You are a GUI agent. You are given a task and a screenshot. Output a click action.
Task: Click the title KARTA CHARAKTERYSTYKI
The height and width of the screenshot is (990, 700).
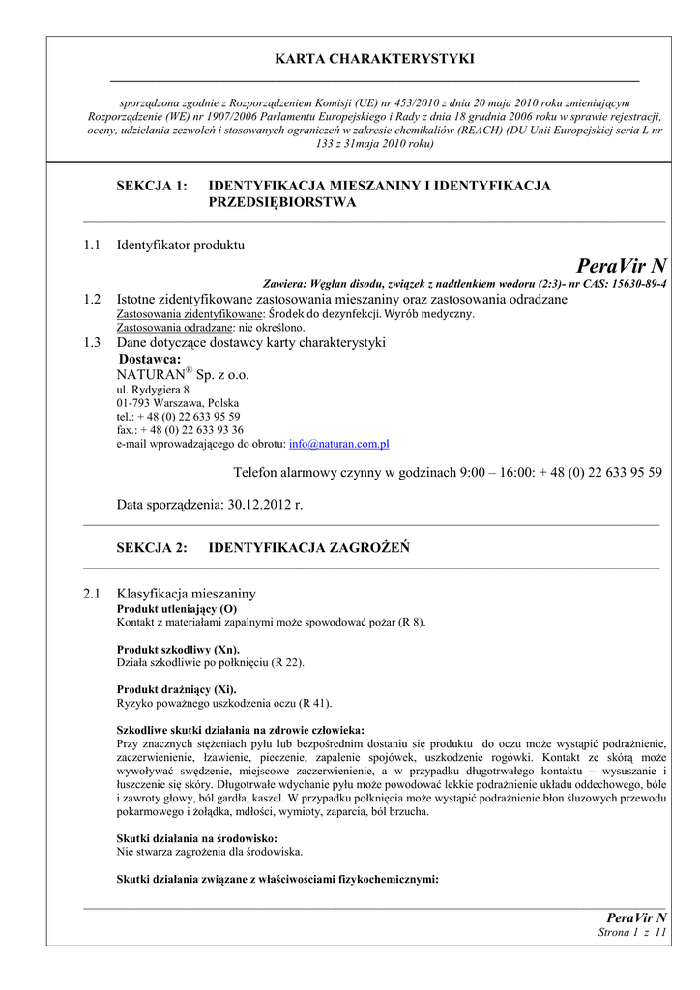coord(374,59)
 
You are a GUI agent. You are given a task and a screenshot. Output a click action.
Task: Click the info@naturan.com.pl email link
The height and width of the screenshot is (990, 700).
coord(338,444)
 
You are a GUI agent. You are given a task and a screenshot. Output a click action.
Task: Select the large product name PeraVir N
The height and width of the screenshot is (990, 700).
coord(621,266)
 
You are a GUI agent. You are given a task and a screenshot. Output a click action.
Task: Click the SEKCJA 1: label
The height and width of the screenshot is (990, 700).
coord(151,186)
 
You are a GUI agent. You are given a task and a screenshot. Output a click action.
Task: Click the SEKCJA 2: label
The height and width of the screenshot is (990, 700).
coord(151,548)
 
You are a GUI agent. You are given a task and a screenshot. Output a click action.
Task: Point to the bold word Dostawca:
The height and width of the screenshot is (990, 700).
coord(149,359)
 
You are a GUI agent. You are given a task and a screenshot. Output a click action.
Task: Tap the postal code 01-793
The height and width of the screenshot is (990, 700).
coord(134,403)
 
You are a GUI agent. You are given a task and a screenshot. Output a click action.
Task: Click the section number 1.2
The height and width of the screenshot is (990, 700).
coord(92,300)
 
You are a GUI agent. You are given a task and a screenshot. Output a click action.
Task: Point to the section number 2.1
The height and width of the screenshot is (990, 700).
coord(92,593)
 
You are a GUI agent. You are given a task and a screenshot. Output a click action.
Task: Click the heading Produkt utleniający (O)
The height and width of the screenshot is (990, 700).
coord(176,609)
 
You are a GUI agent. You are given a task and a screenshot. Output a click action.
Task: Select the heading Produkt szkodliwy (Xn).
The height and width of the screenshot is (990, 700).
coord(178,649)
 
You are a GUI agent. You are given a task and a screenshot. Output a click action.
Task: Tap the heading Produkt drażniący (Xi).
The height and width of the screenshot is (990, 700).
coord(176,689)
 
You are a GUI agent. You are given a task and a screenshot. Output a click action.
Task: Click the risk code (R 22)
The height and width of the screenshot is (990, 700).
coord(287,662)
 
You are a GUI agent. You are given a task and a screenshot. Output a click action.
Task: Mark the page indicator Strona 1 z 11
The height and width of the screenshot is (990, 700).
coord(632,932)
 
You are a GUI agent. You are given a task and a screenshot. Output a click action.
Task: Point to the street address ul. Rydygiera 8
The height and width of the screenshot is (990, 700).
coord(153,390)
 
